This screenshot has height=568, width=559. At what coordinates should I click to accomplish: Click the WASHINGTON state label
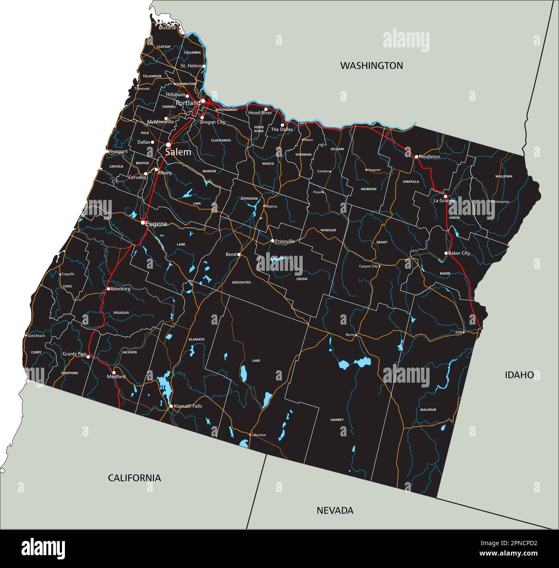pos(372,65)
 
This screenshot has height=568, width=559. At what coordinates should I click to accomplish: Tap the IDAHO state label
pos(519,375)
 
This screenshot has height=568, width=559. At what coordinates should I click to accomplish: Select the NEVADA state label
pos(335,510)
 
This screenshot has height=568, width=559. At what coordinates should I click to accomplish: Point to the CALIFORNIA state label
pos(134,478)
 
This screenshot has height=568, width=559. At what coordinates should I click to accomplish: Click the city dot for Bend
pos(239,255)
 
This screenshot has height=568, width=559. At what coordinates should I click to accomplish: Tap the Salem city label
pos(178,152)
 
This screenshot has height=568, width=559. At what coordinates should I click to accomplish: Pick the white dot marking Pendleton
pos(416,157)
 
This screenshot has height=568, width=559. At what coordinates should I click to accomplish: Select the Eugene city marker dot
pos(143,223)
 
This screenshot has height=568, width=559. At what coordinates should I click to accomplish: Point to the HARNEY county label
pos(337,419)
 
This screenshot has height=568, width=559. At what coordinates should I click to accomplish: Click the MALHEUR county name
pos(428,410)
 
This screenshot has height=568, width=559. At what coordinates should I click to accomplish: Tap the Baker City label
pos(459,253)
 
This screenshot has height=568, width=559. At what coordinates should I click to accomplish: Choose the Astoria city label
pos(168,28)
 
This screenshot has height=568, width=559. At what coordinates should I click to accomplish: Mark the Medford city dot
pos(114,372)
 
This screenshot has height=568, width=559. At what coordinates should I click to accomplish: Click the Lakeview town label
pos(258,435)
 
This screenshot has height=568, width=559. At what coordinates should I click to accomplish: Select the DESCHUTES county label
pos(241,282)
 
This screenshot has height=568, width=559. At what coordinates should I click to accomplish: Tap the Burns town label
pos(350,335)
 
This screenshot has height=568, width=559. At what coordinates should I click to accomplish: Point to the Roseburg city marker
pos(108,289)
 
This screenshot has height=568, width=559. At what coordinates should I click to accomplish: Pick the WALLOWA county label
pos(504,176)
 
